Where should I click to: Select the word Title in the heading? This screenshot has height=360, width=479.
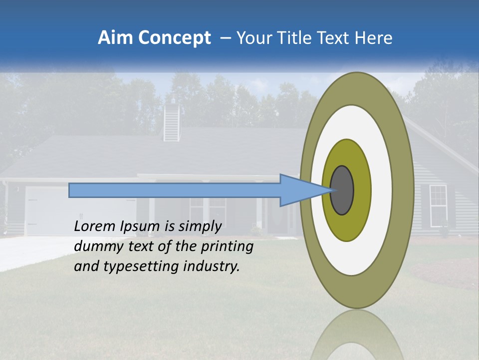pos(294,38)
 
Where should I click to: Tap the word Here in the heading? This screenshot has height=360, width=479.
pos(373,38)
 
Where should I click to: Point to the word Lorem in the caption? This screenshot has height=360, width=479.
pos(94,226)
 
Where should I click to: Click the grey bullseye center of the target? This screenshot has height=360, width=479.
pos(342,190)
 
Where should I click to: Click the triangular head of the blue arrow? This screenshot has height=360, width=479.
pos(299,190)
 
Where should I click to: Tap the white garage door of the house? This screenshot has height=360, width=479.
pos(42,210)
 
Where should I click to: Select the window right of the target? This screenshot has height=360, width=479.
pos(438,202)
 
